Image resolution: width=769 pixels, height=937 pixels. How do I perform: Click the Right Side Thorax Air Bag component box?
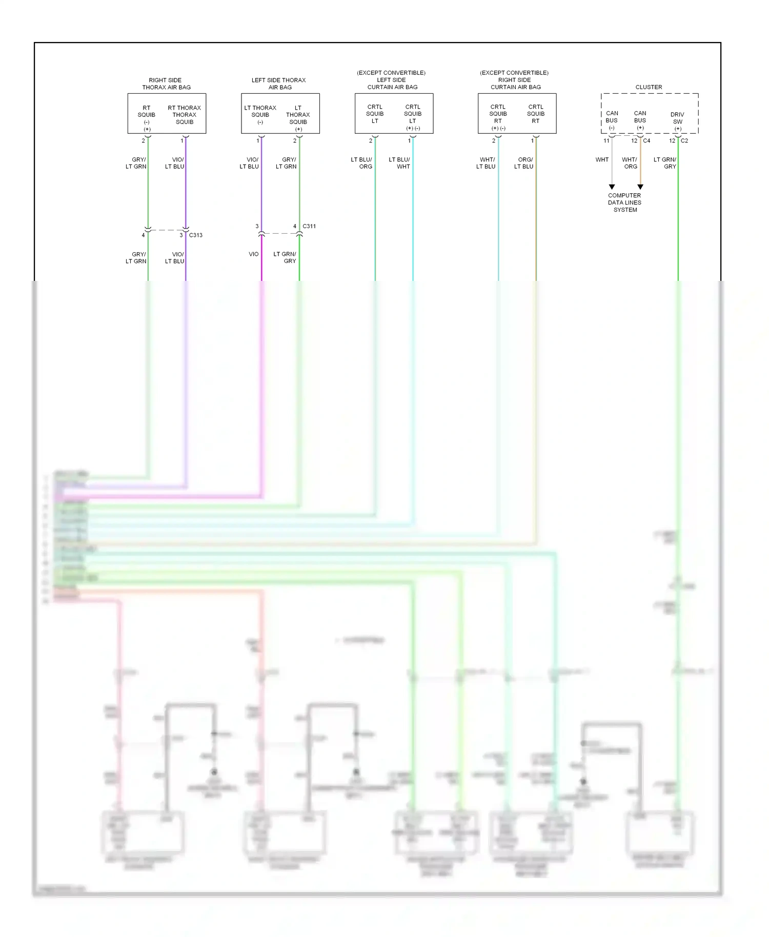pos(167,114)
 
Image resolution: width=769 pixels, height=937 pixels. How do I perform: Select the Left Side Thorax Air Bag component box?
pos(280,114)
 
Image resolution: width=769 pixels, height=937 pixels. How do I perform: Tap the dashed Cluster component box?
pos(649,114)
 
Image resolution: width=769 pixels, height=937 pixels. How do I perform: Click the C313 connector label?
pos(195,235)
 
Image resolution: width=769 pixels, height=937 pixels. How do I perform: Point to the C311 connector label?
pos(309,226)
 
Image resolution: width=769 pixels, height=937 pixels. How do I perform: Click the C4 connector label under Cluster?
pos(646,140)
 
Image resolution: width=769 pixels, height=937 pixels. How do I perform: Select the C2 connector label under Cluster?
pos(684,140)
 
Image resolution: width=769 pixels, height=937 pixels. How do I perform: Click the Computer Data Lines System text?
pos(624,202)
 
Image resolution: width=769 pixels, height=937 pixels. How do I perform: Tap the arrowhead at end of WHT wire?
pos(612,187)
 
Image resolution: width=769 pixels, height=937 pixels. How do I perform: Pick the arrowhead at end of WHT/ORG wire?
pos(640,187)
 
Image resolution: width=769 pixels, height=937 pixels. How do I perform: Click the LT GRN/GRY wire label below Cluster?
pos(665,163)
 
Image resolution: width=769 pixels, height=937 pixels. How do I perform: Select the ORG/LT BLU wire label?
pos(524,163)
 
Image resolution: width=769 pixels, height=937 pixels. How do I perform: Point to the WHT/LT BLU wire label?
pos(486,163)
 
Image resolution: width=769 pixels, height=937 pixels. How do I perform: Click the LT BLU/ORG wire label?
pos(362,163)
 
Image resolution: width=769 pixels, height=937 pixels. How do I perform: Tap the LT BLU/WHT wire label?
pos(399,163)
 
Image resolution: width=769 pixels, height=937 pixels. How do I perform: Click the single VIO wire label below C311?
pos(253,254)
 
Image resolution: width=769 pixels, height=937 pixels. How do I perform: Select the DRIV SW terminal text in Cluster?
pos(677,118)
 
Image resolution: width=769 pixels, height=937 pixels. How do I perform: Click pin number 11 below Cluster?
pos(606,140)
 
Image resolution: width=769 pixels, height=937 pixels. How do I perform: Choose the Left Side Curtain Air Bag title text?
pos(392,80)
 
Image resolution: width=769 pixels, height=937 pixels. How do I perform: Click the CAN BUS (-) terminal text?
pos(612,120)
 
